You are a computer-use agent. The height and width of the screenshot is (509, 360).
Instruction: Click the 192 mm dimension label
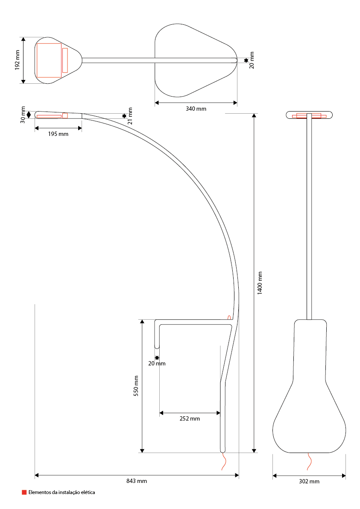tap(18, 60)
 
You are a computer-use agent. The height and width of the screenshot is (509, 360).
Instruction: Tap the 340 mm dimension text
tap(196, 109)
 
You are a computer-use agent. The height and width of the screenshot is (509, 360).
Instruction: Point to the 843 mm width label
tap(137, 481)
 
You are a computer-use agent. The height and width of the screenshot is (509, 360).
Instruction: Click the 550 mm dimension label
tap(136, 386)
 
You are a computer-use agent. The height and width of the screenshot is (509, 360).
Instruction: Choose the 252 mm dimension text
tap(190, 419)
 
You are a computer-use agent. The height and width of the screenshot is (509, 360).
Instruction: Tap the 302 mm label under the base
tap(309, 482)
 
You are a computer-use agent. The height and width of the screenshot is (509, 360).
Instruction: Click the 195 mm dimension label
tap(58, 134)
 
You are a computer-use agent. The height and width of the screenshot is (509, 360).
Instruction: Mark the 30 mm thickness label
tap(23, 115)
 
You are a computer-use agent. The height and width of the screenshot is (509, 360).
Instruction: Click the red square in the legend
tap(24, 492)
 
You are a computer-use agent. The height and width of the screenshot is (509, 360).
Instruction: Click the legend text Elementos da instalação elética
tap(62, 492)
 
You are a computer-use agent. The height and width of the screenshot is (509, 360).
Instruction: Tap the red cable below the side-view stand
tap(223, 462)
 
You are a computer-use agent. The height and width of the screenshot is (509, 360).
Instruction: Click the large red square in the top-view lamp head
tap(49, 60)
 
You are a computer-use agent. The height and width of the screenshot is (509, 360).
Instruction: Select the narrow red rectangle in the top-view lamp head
tap(65, 60)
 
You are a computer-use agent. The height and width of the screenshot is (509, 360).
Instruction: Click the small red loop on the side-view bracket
tap(229, 317)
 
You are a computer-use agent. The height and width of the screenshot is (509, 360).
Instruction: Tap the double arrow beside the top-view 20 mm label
tap(246, 61)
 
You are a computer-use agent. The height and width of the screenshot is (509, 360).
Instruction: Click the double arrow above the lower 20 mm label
tap(157, 357)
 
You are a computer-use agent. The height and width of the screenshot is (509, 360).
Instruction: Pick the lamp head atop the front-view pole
tap(309, 115)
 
